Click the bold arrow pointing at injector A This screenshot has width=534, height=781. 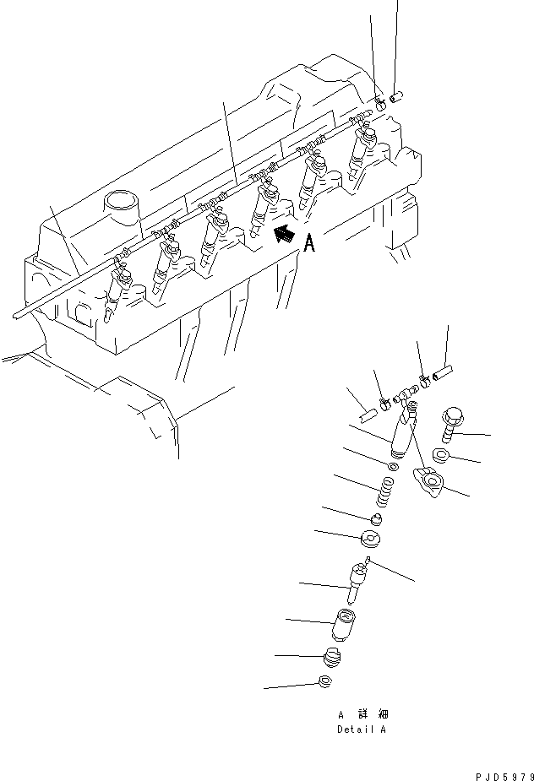[287, 235]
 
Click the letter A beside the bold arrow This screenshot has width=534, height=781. [309, 244]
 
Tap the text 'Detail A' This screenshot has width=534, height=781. [361, 729]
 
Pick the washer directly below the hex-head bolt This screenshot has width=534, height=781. [439, 457]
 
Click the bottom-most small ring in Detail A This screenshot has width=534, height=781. [325, 683]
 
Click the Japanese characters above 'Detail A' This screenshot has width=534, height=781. [361, 714]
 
